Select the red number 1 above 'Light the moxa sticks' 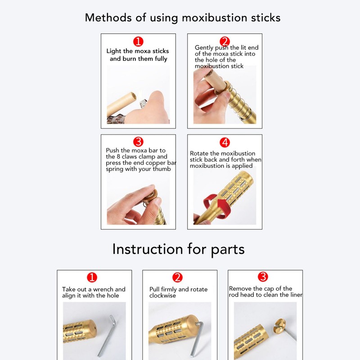(x=138, y=42)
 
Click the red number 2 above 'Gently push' (x=225, y=42)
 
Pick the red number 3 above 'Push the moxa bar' (x=138, y=142)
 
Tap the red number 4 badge (x=225, y=143)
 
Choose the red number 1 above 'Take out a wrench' (x=92, y=277)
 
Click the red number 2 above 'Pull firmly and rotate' (x=178, y=277)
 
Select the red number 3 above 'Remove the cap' (x=263, y=276)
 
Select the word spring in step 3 (x=115, y=169)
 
